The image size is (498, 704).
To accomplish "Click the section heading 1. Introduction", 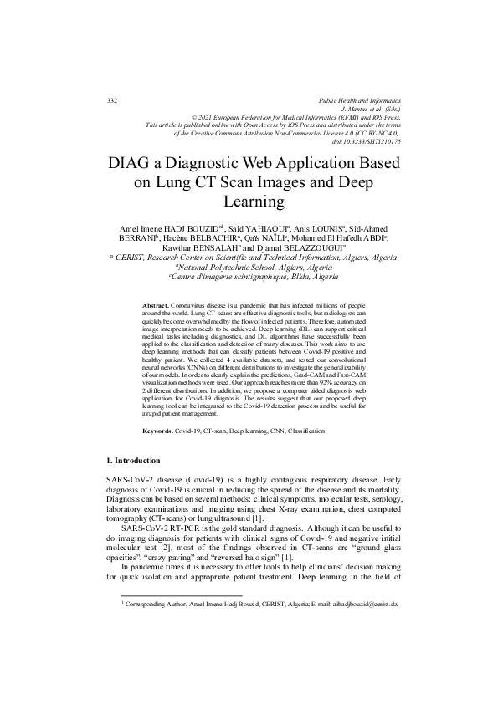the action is coord(140,484).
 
